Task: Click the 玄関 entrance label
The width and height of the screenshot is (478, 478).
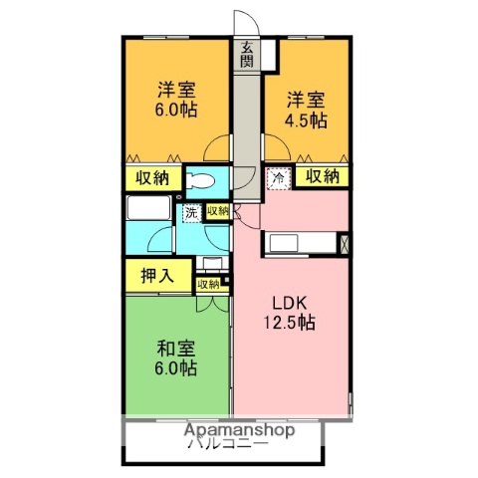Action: [x=245, y=54]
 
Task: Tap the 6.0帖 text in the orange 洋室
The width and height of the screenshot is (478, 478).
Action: [x=173, y=111]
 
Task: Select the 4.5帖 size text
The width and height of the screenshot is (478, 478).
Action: [x=307, y=120]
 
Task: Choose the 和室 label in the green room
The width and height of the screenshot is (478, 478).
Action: [x=174, y=349]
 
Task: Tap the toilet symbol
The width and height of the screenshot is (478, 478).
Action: [x=203, y=182]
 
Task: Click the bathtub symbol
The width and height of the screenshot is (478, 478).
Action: [x=150, y=211]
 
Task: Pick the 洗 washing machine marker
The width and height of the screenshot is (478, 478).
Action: [x=190, y=211]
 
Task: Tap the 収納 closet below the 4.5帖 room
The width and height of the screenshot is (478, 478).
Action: [x=322, y=177]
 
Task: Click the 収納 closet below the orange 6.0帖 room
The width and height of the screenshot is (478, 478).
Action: [x=152, y=178]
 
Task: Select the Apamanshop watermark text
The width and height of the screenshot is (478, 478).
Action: [x=238, y=431]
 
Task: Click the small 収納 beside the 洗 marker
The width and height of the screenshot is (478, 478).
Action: [x=218, y=211]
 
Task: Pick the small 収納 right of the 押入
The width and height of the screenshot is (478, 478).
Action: [x=208, y=284]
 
